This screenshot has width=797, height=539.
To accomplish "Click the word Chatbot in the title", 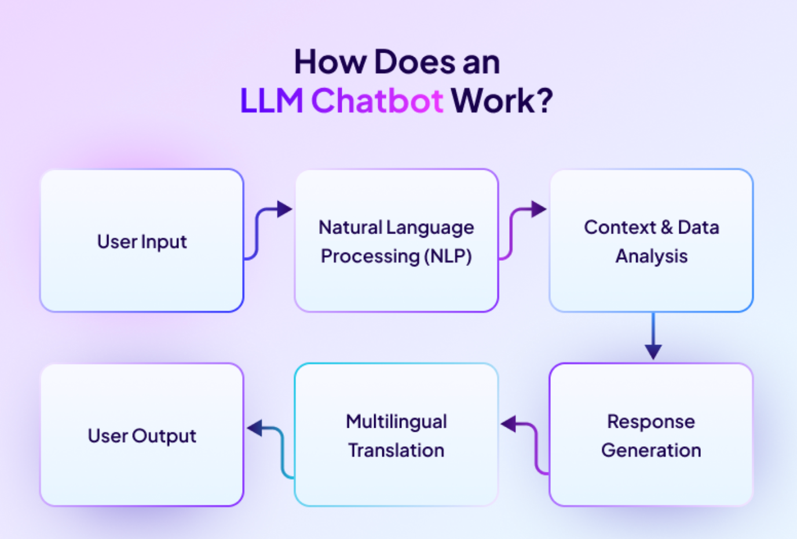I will tap(377, 100).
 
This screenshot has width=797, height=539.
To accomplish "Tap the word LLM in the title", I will tap(272, 100).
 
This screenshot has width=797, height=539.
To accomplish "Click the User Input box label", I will tap(142, 242).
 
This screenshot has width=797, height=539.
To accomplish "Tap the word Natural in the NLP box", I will tap(350, 227).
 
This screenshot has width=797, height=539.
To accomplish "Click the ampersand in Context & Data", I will tap(667, 227).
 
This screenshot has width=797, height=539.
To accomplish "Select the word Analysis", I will tap(652, 256).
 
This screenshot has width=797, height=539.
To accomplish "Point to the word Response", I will tap(651, 421).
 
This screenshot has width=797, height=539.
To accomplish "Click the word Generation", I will tap(651, 450).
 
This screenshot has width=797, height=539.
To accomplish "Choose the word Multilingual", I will tap(396, 421).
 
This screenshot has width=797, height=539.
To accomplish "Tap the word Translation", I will tap(396, 450).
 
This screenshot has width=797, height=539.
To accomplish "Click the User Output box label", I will tap(142, 436).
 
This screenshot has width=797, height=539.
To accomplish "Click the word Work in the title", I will tap(493, 100).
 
